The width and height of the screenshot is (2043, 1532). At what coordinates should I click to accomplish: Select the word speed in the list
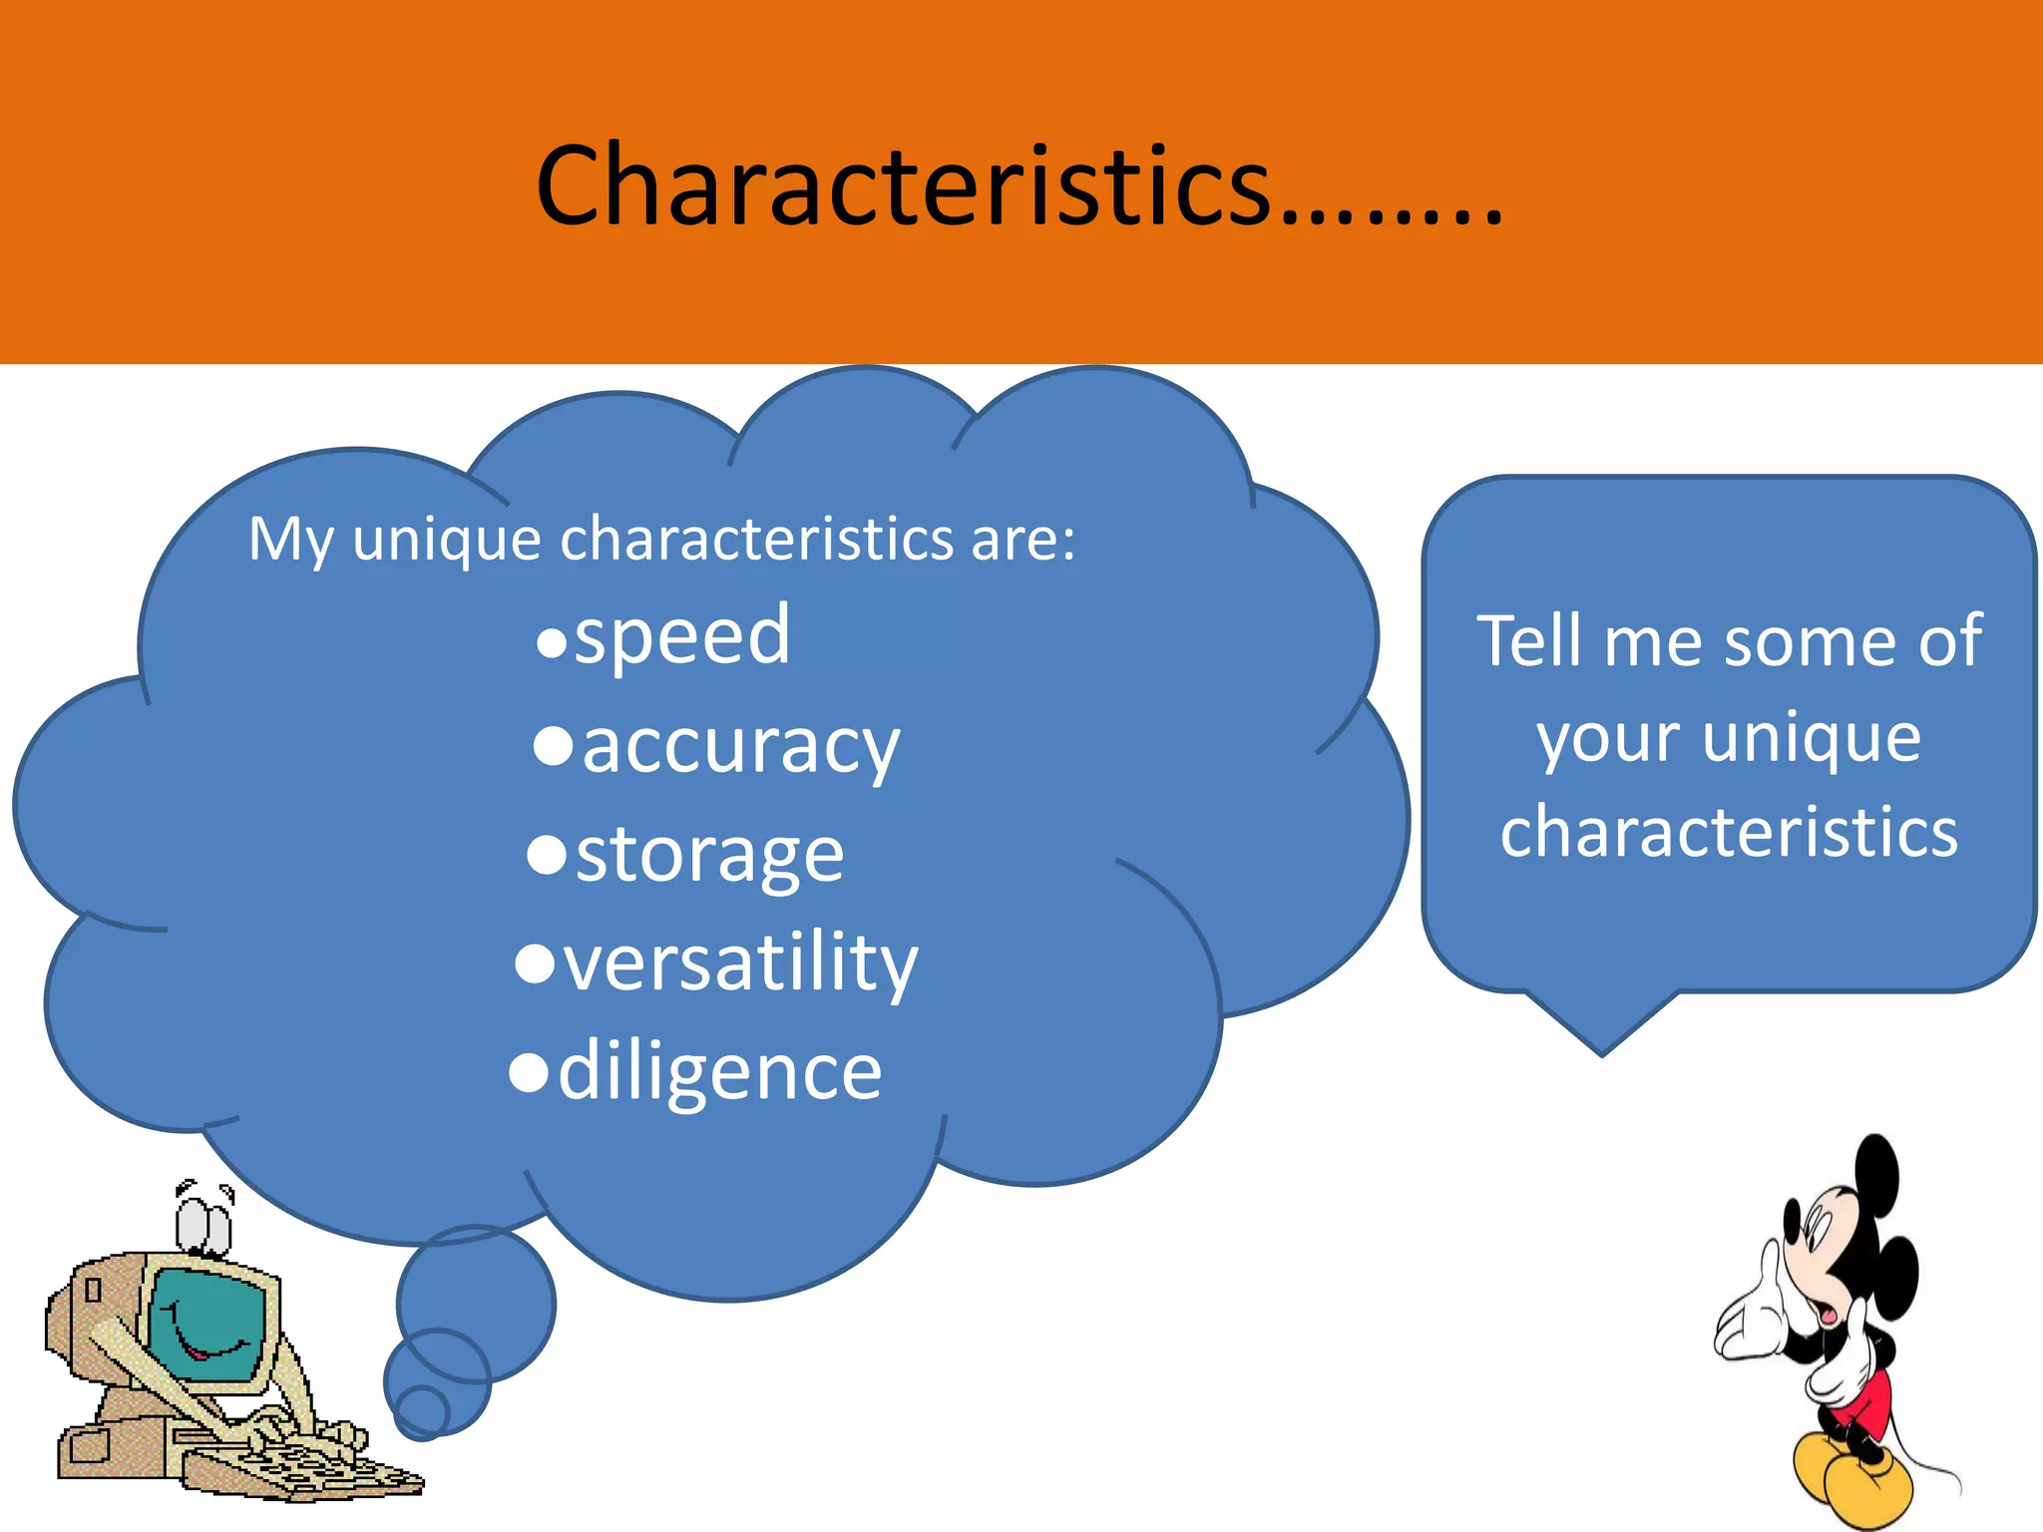682,636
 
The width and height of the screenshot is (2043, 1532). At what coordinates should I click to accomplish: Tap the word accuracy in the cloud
740,746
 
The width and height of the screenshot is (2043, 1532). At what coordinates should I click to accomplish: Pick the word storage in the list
709,856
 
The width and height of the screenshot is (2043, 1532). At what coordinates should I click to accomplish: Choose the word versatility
740,963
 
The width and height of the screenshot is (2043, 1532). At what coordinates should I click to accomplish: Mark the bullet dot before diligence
529,1073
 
